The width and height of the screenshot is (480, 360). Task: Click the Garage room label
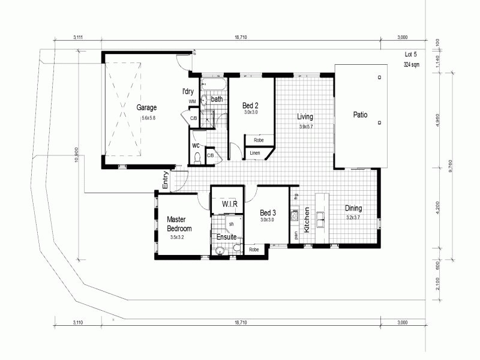coord(146,108)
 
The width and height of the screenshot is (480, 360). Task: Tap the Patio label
coord(360,115)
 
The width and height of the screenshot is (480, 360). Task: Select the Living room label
coord(306,117)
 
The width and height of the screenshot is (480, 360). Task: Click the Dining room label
coord(353,209)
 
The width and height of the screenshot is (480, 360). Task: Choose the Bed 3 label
coord(268,213)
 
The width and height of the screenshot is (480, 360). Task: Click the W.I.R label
coord(230,205)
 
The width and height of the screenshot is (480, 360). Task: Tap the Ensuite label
coord(227,237)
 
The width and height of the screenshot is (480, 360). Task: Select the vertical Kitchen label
coord(307,220)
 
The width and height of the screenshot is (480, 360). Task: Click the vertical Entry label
coord(165,181)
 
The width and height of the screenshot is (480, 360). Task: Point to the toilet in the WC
coord(197,158)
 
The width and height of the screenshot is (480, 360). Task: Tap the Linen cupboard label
coord(255,154)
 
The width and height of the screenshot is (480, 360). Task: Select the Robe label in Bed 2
coord(259,140)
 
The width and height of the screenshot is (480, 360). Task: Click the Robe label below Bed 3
coord(254,250)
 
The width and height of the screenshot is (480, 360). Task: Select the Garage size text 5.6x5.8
coord(148,118)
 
